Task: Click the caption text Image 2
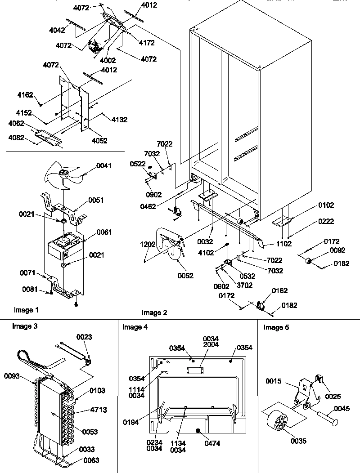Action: click(154, 312)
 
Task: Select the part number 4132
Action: click(119, 120)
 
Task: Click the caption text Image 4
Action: click(135, 327)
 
